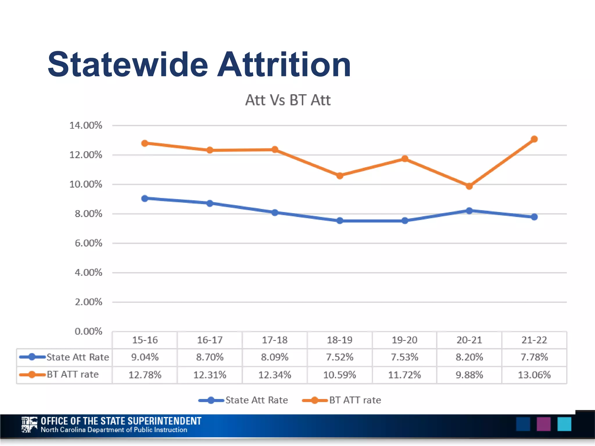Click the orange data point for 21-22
tap(534, 139)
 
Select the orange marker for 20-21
tap(469, 186)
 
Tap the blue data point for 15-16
tap(145, 199)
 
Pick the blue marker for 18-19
tap(340, 221)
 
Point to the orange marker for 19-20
tap(404, 159)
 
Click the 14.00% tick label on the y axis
tap(86, 125)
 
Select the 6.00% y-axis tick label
tap(88, 243)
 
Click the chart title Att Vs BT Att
tap(288, 100)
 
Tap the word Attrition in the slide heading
tap(284, 64)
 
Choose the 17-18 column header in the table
tap(275, 340)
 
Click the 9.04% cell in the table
tap(145, 357)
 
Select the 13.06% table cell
tap(534, 375)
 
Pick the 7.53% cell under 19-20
tap(404, 357)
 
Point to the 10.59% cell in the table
tap(340, 375)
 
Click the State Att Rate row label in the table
tap(78, 357)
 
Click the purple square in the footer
tap(543, 424)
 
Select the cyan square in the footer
tap(564, 424)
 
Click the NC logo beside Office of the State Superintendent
tap(29, 425)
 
